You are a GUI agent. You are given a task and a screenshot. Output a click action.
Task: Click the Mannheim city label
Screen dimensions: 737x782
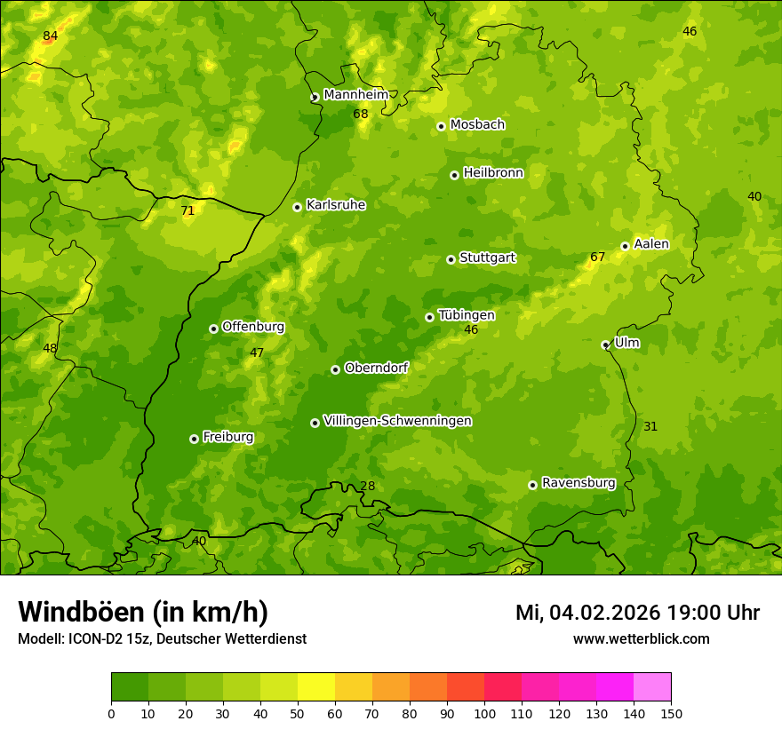pyautogui.click(x=356, y=95)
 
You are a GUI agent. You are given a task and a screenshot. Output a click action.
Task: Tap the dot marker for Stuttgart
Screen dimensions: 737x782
pyautogui.click(x=451, y=259)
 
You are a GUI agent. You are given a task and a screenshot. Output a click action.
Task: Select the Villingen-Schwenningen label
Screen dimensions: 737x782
pyautogui.click(x=397, y=421)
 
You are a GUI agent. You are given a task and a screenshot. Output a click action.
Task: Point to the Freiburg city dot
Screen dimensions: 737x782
pyautogui.click(x=194, y=439)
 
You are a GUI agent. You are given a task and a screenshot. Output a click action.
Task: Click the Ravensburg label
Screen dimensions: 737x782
pyautogui.click(x=579, y=483)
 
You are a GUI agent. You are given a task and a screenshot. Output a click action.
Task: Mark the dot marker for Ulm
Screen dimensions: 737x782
pyautogui.click(x=605, y=345)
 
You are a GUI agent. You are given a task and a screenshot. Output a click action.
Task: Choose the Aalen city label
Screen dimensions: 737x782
pyautogui.click(x=651, y=244)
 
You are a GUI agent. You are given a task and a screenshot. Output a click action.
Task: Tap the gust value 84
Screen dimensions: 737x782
pyautogui.click(x=51, y=36)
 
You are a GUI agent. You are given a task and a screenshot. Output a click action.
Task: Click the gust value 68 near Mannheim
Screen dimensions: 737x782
pyautogui.click(x=361, y=114)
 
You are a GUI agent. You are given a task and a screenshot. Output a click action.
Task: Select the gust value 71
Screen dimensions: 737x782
pyautogui.click(x=188, y=210)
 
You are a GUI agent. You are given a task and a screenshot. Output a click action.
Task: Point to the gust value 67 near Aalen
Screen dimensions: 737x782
pyautogui.click(x=598, y=258)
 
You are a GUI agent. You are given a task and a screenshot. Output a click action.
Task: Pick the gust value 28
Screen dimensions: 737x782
pyautogui.click(x=368, y=486)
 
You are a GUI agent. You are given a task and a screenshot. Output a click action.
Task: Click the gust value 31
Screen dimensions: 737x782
pyautogui.click(x=650, y=426)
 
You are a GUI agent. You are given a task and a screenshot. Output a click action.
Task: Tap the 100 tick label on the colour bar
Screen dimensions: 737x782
pyautogui.click(x=484, y=713)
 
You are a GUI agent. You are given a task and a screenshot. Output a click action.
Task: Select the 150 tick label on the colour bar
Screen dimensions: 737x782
pyautogui.click(x=671, y=713)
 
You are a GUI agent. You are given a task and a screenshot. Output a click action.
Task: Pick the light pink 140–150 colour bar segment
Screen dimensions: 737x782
pyautogui.click(x=652, y=687)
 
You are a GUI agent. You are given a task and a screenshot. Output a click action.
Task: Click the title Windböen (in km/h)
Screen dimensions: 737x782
pyautogui.click(x=142, y=612)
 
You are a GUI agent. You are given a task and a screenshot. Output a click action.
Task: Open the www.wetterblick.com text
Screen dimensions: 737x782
pyautogui.click(x=641, y=638)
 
